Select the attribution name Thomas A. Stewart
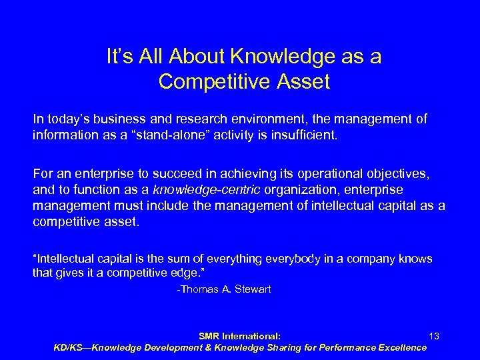(x=224, y=290)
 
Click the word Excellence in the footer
(x=399, y=347)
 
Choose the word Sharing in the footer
(x=273, y=347)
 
